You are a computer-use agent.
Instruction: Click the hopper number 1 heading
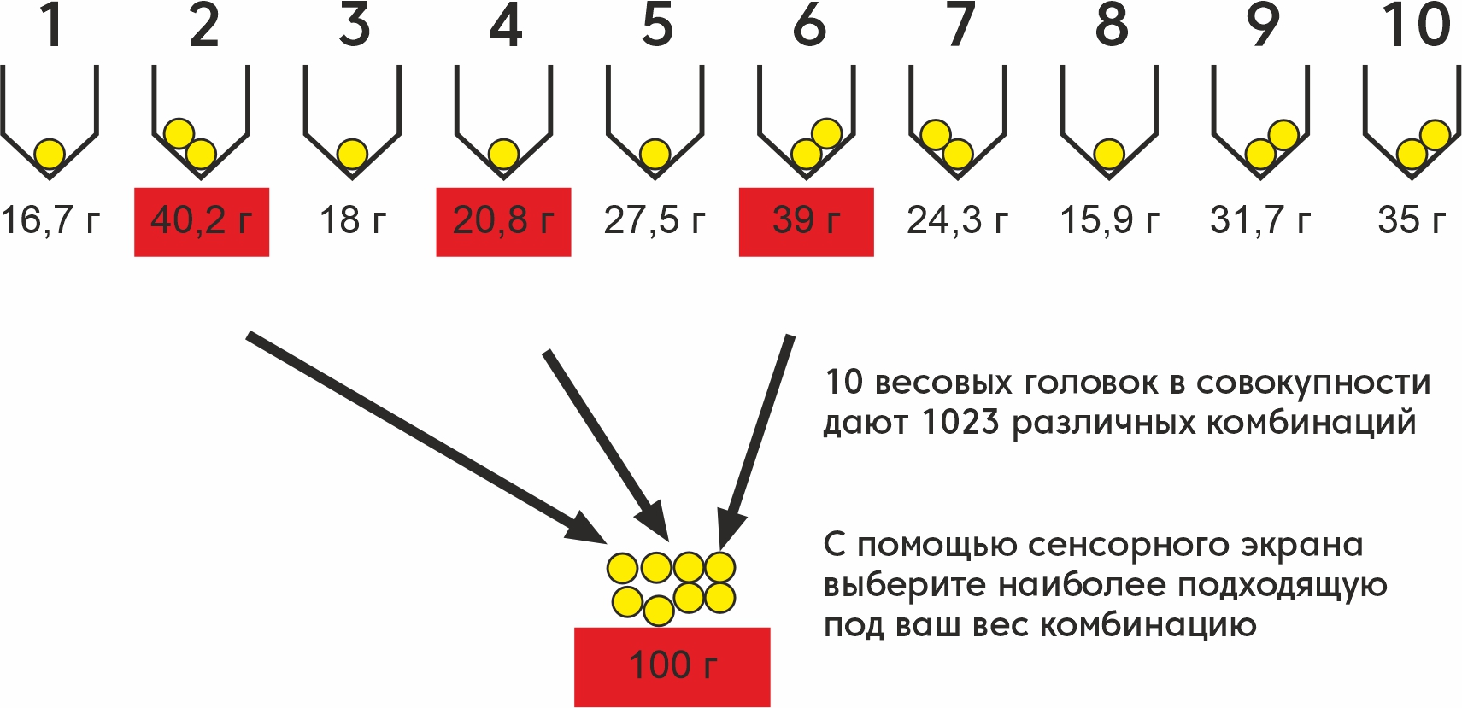pyautogui.click(x=51, y=26)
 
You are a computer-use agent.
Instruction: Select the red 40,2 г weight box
pyautogui.click(x=202, y=221)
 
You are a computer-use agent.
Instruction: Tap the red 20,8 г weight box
pyautogui.click(x=503, y=221)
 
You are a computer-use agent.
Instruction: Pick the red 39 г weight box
pyautogui.click(x=806, y=221)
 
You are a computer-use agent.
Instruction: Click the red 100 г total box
pyautogui.click(x=672, y=666)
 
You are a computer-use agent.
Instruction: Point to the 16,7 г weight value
pyautogui.click(x=50, y=221)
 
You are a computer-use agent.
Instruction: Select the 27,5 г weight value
pyautogui.click(x=655, y=221)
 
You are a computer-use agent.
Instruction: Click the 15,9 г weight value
pyautogui.click(x=1109, y=221)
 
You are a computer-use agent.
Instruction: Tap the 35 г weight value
pyautogui.click(x=1412, y=221)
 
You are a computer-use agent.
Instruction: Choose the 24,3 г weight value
pyautogui.click(x=957, y=221)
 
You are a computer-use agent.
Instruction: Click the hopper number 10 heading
pyautogui.click(x=1416, y=26)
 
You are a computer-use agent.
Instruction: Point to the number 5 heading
pyautogui.click(x=657, y=26)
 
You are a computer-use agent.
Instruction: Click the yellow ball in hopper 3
pyautogui.click(x=352, y=155)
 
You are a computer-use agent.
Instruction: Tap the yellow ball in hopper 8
pyautogui.click(x=1109, y=155)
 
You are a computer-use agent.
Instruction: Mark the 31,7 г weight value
pyautogui.click(x=1260, y=221)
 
